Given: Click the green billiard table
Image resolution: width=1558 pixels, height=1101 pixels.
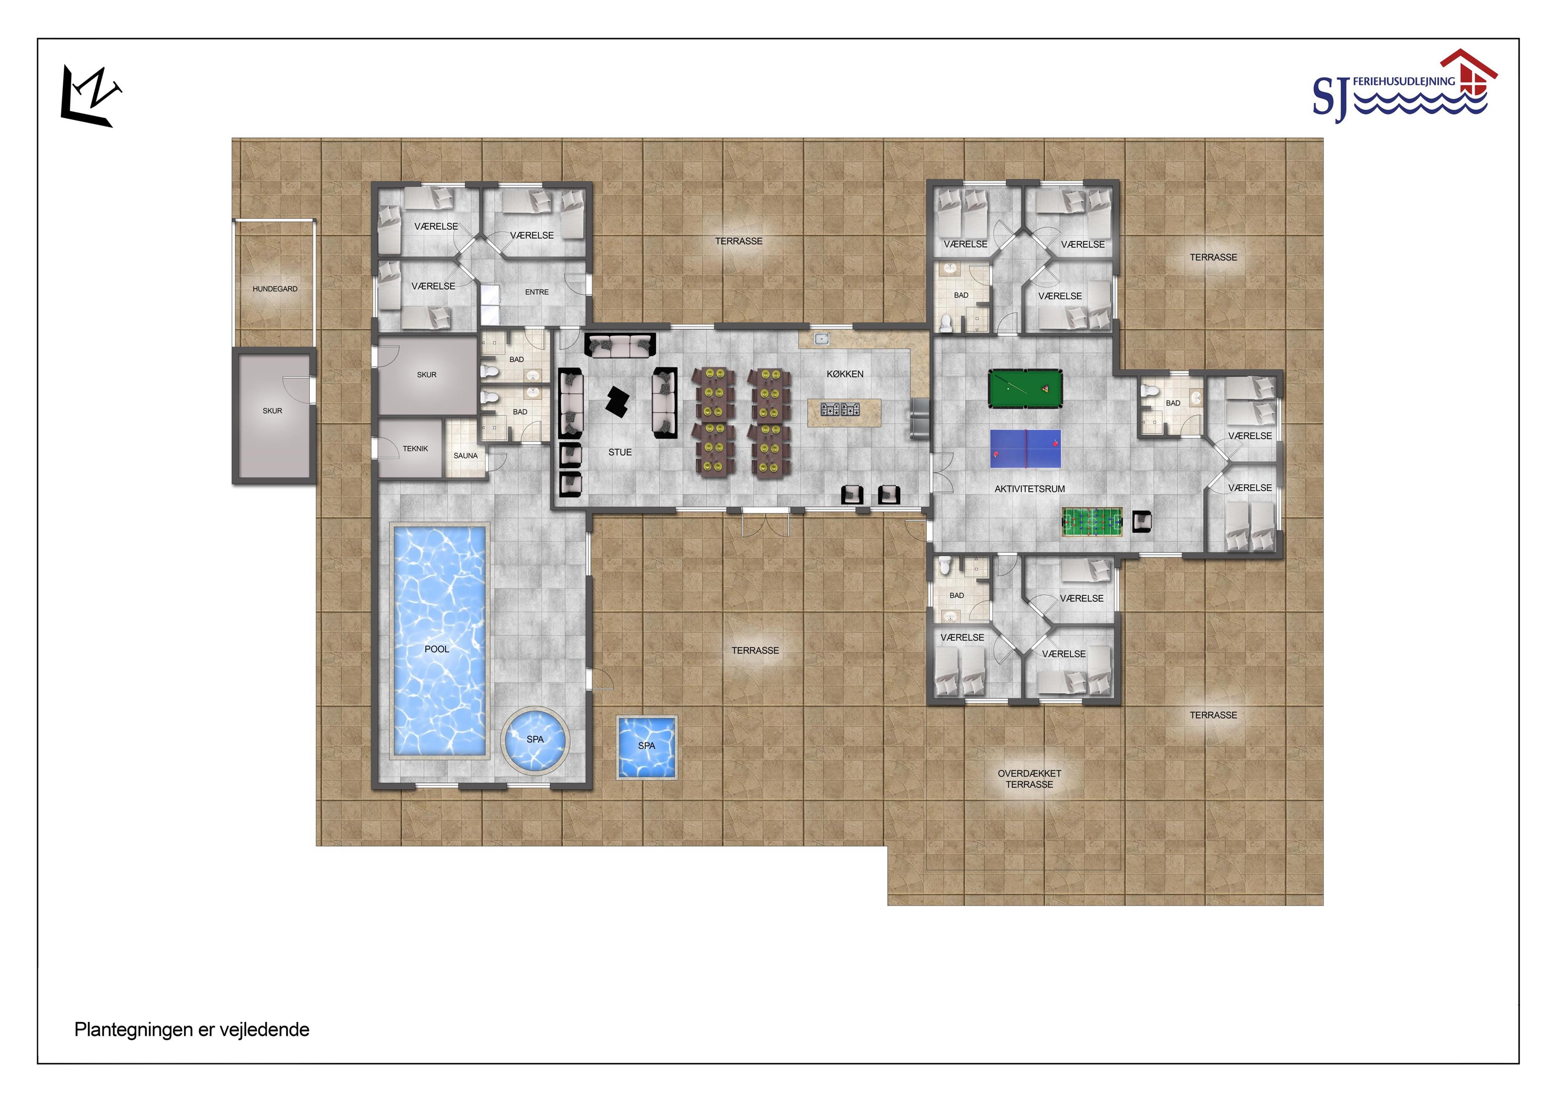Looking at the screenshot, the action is pyautogui.click(x=1025, y=389).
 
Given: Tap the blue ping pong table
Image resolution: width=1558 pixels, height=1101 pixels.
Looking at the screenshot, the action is pyautogui.click(x=1025, y=448).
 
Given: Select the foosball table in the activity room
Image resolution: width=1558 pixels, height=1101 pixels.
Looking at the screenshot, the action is pyautogui.click(x=1092, y=522).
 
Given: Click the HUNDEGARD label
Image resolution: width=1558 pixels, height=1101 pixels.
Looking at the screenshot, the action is pyautogui.click(x=275, y=289).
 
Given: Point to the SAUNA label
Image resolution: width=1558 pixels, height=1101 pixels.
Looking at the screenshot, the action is pyautogui.click(x=465, y=456).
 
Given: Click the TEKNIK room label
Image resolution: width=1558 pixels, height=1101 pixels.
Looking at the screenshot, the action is pyautogui.click(x=415, y=448).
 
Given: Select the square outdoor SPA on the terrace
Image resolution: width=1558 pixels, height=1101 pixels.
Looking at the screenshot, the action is pyautogui.click(x=647, y=747).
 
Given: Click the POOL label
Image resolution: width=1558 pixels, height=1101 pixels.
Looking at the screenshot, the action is pyautogui.click(x=437, y=649).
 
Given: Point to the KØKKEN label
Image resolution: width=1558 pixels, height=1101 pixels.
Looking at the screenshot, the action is pyautogui.click(x=845, y=374).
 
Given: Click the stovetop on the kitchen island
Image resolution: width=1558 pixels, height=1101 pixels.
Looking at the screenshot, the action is pyautogui.click(x=841, y=409).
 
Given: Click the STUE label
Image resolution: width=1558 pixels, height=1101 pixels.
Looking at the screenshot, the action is pyautogui.click(x=620, y=453).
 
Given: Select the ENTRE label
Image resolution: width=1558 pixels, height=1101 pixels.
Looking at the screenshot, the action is pyautogui.click(x=537, y=292).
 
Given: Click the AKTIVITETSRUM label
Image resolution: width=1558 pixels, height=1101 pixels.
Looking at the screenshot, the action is pyautogui.click(x=1029, y=489).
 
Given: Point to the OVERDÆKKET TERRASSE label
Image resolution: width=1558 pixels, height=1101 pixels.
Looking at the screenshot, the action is pyautogui.click(x=1029, y=779).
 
